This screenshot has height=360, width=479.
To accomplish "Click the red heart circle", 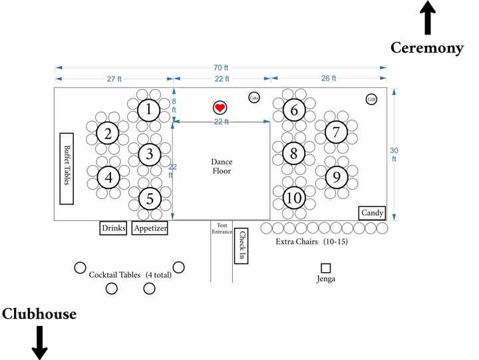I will [220, 108].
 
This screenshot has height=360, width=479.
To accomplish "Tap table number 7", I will [337, 132].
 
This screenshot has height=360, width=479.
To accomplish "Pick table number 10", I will [293, 198].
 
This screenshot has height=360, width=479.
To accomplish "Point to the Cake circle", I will [254, 98].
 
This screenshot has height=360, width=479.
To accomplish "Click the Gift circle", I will [372, 99].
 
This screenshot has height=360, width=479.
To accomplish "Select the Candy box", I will [372, 213].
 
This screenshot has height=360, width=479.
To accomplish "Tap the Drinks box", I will [113, 228].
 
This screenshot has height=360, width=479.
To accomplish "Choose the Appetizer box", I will [150, 228].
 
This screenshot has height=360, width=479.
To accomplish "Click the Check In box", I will [241, 244].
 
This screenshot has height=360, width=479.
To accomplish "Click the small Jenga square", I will [326, 268].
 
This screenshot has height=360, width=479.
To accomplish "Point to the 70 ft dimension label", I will [221, 68].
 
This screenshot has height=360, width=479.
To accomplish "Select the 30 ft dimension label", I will [394, 154].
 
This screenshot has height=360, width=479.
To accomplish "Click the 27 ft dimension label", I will [114, 79].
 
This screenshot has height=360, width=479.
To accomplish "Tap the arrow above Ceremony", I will [427, 18].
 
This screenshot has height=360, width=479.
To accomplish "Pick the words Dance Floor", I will [222, 166].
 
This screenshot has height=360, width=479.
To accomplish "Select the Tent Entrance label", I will [222, 230].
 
